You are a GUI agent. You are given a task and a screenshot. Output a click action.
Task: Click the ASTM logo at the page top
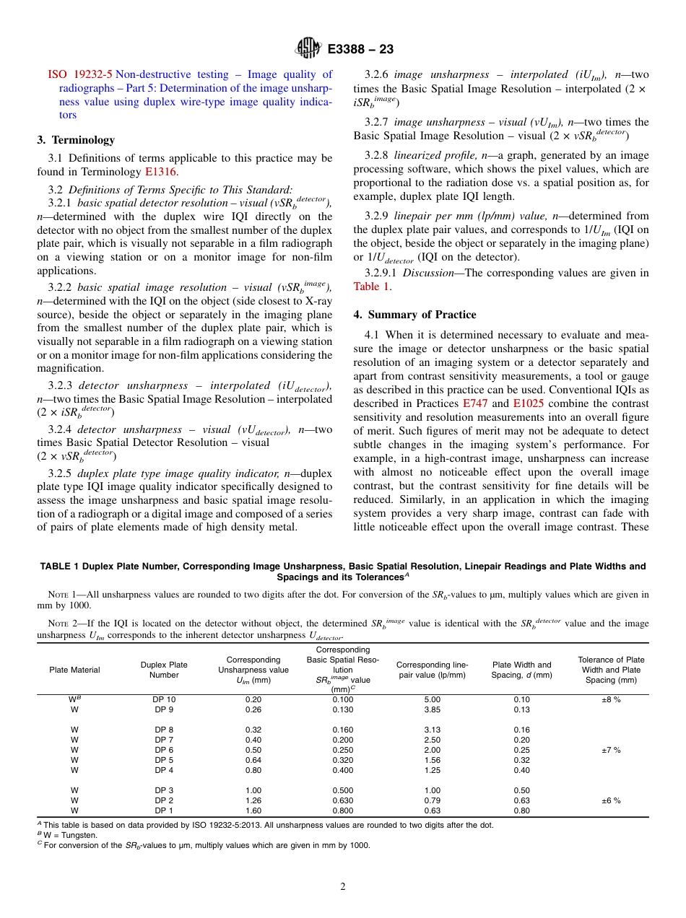click(308, 49)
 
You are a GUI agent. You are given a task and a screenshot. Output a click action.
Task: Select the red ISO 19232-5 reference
click(80, 74)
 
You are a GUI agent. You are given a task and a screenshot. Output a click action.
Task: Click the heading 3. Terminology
click(76, 140)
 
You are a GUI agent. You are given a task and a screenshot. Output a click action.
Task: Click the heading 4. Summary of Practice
click(414, 315)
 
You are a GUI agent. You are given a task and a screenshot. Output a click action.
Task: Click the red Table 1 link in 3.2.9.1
click(371, 287)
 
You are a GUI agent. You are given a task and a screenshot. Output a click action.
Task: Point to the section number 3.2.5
click(60, 473)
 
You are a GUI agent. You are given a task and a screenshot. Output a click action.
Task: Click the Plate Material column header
click(74, 670)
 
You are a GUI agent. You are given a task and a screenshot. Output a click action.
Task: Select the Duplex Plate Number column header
click(164, 670)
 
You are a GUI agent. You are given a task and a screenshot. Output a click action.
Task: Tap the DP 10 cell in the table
click(164, 699)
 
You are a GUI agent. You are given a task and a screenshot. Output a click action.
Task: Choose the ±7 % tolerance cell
click(611, 750)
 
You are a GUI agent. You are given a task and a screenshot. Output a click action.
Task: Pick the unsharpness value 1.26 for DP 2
click(253, 800)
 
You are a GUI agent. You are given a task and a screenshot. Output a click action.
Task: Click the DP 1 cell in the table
click(164, 810)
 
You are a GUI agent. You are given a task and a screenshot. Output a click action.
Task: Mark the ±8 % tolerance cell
click(611, 699)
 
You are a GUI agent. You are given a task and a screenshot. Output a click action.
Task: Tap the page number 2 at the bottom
click(343, 887)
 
